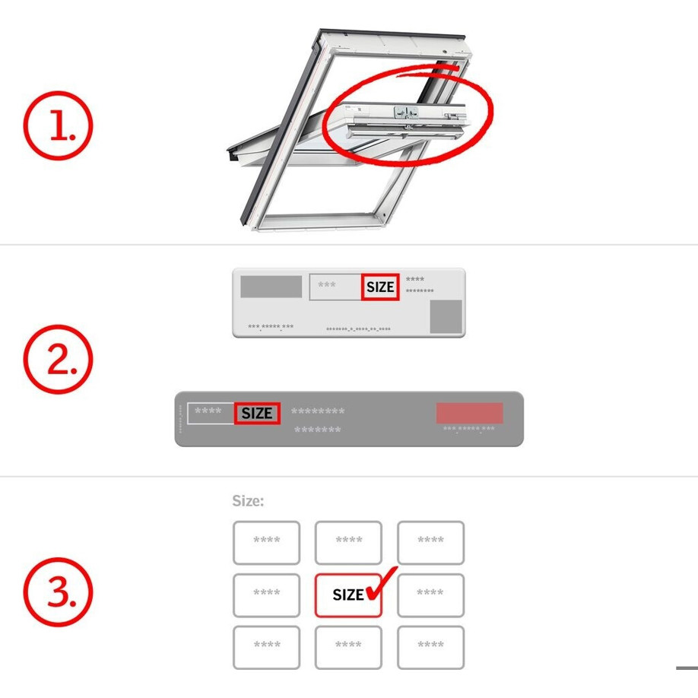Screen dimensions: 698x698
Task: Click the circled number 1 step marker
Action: [x=58, y=125]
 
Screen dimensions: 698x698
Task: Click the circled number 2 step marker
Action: [x=58, y=359]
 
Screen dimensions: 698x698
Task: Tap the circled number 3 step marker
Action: [x=58, y=592]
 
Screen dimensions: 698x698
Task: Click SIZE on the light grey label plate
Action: [x=380, y=287]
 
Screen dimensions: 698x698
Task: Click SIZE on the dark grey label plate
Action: [x=257, y=413]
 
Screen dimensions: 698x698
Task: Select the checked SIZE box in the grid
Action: [x=348, y=595]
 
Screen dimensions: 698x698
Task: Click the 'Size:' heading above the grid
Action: [x=248, y=501]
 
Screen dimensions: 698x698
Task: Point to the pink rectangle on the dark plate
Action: [x=470, y=413]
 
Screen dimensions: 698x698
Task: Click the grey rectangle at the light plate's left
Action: [x=271, y=286]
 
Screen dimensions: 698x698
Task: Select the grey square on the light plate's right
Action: [x=446, y=316]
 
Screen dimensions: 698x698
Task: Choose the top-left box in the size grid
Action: [x=266, y=543]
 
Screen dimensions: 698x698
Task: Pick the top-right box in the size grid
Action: [x=430, y=543]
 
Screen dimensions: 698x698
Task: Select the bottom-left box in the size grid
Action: [x=266, y=647]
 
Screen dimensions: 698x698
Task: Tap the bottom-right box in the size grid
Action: [x=430, y=647]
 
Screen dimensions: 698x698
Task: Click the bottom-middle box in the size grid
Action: [x=348, y=647]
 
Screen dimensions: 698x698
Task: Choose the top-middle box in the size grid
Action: [x=348, y=543]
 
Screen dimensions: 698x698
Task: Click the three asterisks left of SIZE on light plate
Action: [x=327, y=284]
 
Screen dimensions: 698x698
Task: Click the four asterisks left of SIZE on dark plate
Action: [x=208, y=411]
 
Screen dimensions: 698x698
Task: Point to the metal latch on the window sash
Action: [x=405, y=113]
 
